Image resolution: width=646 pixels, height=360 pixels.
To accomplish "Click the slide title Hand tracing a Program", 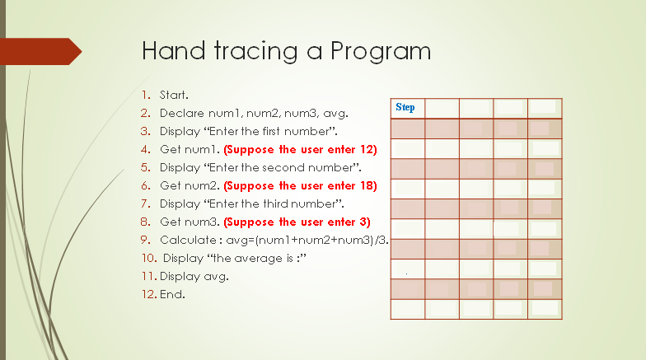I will click(x=286, y=51).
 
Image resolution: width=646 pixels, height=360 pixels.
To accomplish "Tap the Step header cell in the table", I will click(x=405, y=107).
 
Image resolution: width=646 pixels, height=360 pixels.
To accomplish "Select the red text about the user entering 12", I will click(x=300, y=150).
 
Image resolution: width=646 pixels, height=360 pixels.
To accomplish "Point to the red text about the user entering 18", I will click(x=300, y=186).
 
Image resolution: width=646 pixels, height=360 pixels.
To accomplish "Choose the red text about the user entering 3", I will click(x=297, y=222).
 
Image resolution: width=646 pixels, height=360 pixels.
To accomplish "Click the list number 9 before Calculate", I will click(x=145, y=241).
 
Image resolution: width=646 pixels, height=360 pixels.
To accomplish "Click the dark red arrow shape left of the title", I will click(x=41, y=51).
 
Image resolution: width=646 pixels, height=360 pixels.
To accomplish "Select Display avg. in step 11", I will click(x=194, y=277).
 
